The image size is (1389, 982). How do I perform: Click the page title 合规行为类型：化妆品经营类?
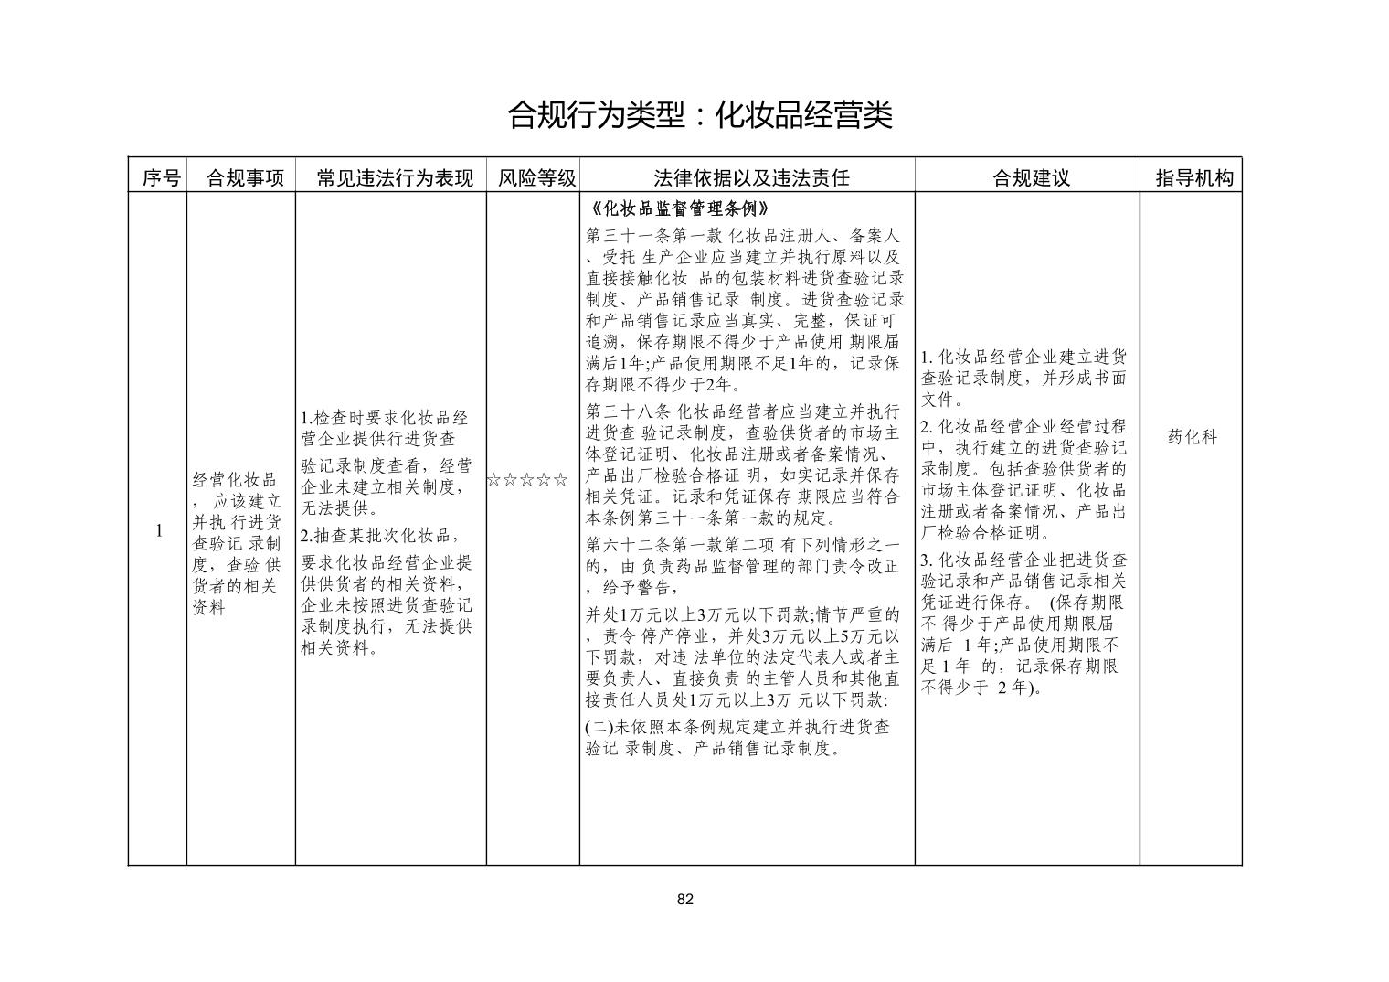pyautogui.click(x=699, y=116)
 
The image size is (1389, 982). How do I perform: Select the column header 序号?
pyautogui.click(x=161, y=178)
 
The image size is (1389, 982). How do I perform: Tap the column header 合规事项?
pyautogui.click(x=245, y=178)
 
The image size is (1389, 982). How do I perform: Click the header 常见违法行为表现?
pyautogui.click(x=395, y=178)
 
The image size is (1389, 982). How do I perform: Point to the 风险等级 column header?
pyautogui.click(x=536, y=178)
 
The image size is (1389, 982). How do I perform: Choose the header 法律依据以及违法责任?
pyautogui.click(x=751, y=178)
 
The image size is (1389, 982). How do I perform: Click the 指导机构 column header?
pyautogui.click(x=1194, y=178)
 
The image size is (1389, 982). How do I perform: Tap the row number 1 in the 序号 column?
pyautogui.click(x=159, y=531)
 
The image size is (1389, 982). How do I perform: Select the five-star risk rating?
pyautogui.click(x=527, y=480)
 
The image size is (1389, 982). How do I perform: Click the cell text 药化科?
pyautogui.click(x=1193, y=437)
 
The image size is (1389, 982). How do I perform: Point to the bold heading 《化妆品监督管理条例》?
pyautogui.click(x=674, y=208)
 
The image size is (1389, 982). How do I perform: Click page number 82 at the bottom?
pyautogui.click(x=685, y=899)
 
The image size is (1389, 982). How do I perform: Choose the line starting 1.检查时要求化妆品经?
pyautogui.click(x=385, y=418)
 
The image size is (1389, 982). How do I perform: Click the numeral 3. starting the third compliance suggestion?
pyautogui.click(x=926, y=560)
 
